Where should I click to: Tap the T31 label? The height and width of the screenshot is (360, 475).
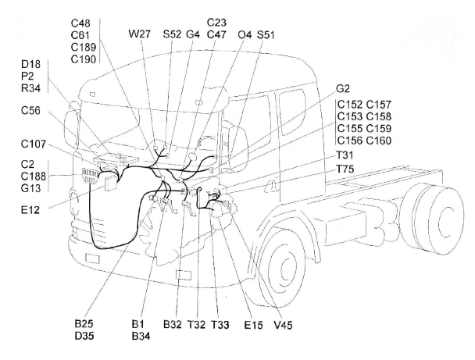[x=345, y=155]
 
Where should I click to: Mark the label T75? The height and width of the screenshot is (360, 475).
[x=345, y=169]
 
